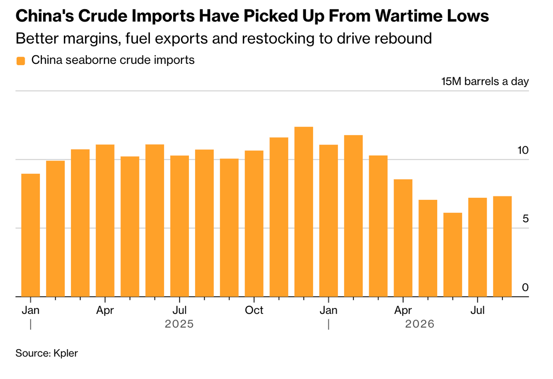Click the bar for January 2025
tap(31, 235)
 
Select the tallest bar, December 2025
tap(304, 212)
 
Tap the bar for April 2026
tap(403, 238)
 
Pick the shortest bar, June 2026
tap(453, 255)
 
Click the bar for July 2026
tap(477, 247)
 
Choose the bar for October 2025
tap(254, 224)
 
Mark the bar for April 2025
tap(105, 221)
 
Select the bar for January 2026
tap(329, 221)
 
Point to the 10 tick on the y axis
tap(523, 150)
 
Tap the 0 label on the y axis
tap(525, 287)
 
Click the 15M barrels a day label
tap(485, 82)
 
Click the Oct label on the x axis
tap(254, 310)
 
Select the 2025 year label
tap(179, 324)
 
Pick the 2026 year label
tap(420, 324)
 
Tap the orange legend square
tap(21, 61)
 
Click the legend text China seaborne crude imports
tap(113, 60)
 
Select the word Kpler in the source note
tap(66, 354)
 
